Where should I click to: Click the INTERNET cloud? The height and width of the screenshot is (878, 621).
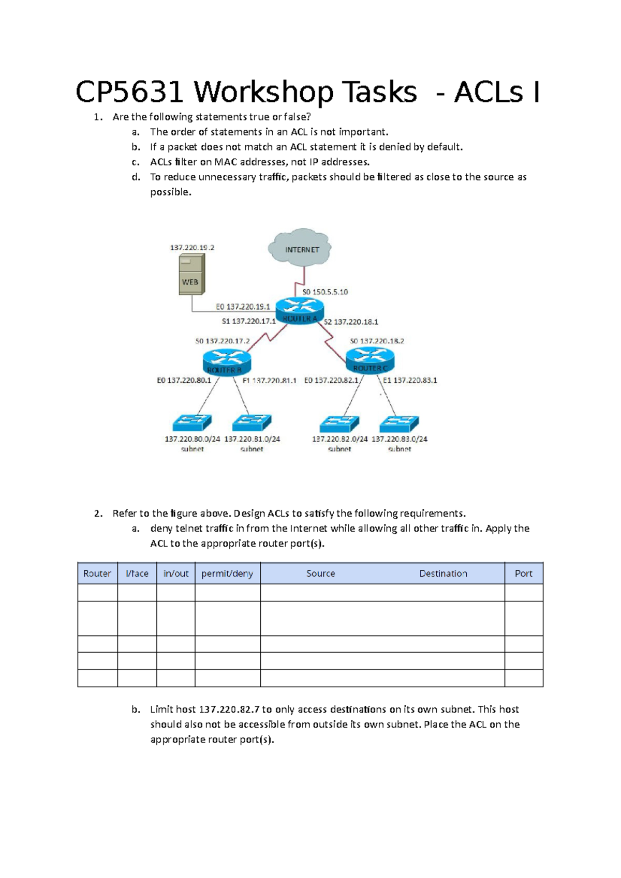coord(300,248)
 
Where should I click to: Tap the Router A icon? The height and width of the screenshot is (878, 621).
coord(300,312)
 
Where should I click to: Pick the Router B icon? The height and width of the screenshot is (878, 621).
coord(227,361)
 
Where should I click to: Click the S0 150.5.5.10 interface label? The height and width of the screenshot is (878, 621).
coord(325,292)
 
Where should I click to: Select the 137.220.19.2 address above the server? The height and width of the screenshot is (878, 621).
coord(192,248)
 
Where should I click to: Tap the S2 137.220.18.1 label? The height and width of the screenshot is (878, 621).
coord(351,322)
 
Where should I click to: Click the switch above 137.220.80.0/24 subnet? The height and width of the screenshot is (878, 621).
coord(191,423)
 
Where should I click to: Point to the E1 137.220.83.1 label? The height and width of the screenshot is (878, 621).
coord(410,381)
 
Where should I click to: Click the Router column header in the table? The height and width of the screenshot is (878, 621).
coord(97,573)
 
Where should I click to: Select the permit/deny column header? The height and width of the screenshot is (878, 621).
coord(227,573)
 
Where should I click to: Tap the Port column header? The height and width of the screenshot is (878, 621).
coord(523,573)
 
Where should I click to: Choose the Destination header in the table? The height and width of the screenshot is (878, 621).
coord(443,573)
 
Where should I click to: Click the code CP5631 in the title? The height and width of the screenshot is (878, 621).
coord(129,93)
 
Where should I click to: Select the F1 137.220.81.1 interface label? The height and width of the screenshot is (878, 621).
coord(269,381)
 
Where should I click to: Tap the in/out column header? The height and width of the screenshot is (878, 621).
coord(176,573)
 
